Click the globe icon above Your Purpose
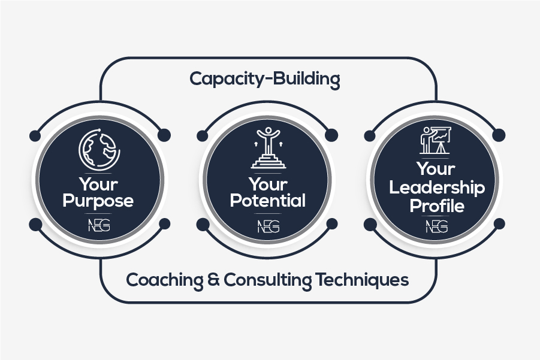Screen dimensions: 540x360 coord(99,149)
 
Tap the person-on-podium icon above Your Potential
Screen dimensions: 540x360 coord(269,148)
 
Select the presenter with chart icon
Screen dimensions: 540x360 coord(435,140)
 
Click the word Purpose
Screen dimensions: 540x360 coord(98,202)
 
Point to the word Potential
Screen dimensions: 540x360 coord(267,201)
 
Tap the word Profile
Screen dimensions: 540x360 coord(437,206)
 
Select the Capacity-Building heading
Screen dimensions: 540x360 coord(265,79)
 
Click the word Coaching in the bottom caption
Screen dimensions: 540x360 coord(165,280)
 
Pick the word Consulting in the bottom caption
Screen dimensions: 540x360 coord(268,280)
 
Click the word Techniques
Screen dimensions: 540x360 coord(362,280)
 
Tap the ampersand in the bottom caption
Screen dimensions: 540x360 coord(214,280)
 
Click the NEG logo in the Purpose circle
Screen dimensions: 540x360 coord(99,226)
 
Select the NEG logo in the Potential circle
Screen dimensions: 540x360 coord(269,226)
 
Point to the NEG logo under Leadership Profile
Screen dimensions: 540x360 coord(437,226)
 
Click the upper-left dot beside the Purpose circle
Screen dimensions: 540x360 coord(35,135)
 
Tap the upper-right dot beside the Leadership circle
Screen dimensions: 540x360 coord(499,135)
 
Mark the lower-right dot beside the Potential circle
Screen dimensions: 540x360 coord(332,223)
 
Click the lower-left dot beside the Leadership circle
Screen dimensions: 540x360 coord(370,225)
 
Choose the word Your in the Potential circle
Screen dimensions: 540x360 coord(268,184)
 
